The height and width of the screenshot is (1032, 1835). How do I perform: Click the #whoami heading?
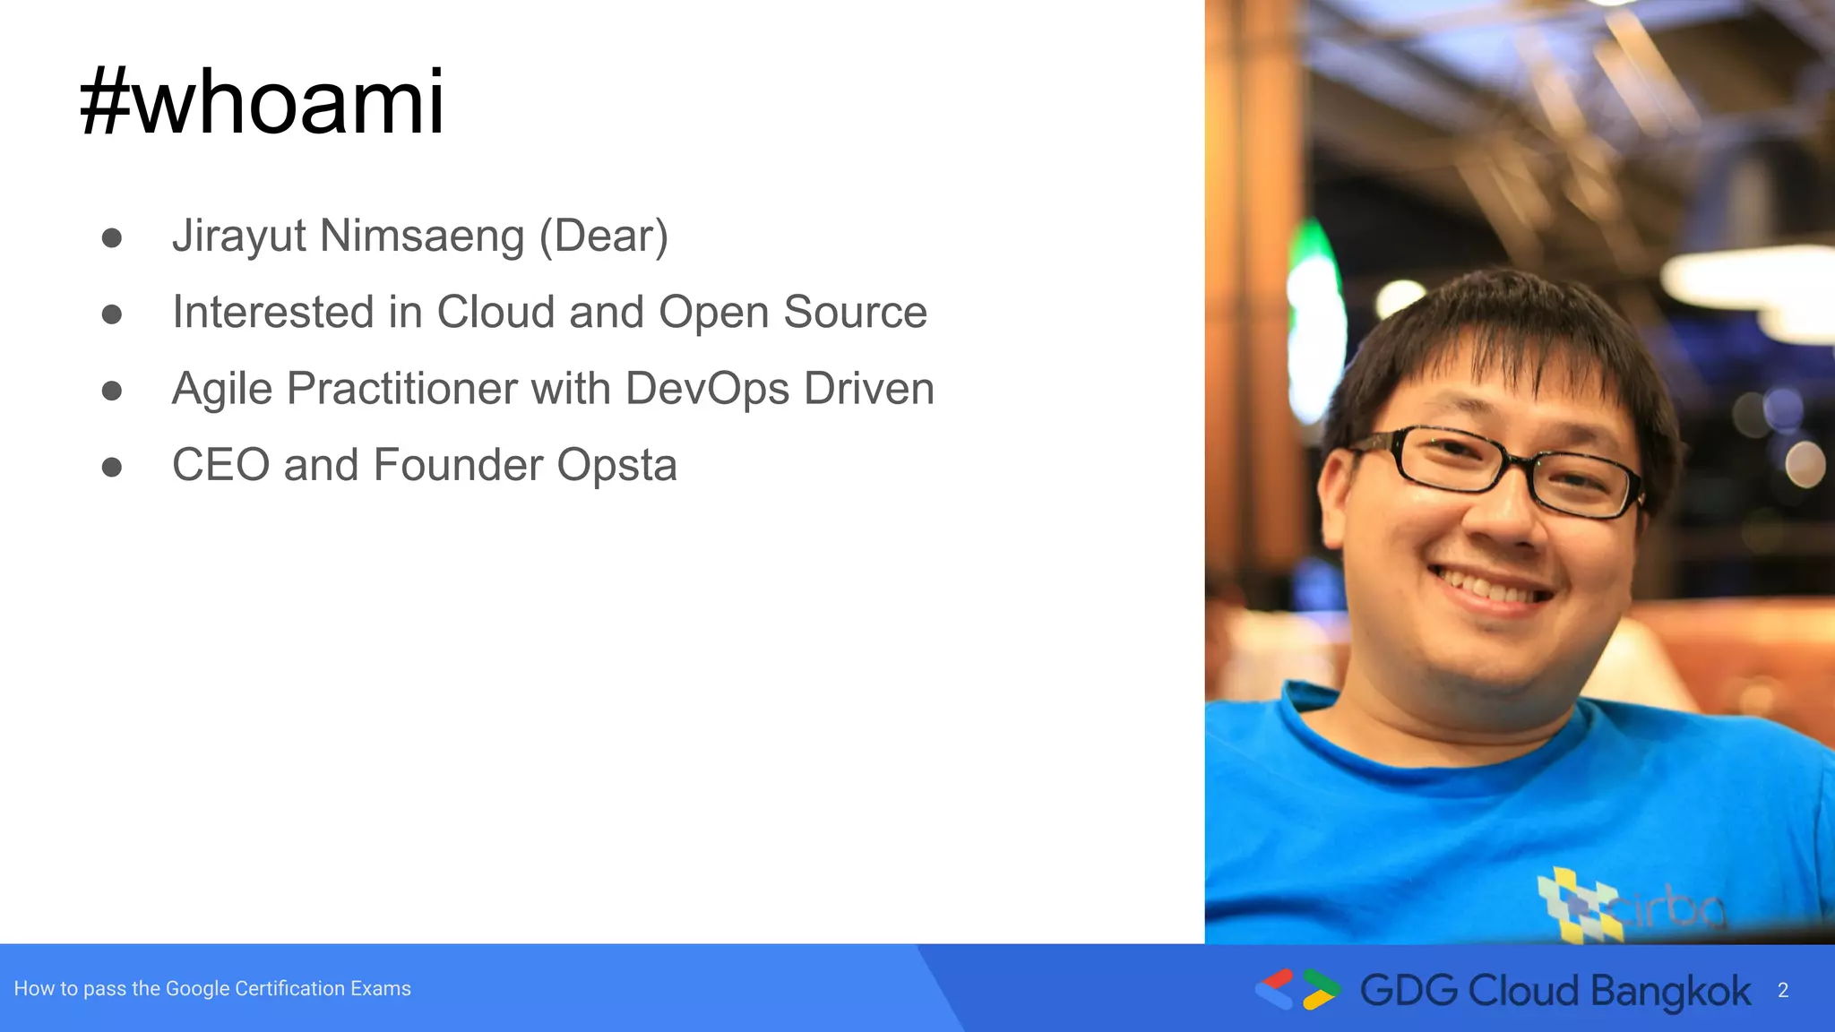click(262, 103)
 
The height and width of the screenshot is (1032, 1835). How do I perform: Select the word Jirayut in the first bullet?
click(239, 236)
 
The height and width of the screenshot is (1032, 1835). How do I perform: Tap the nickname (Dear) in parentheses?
click(603, 236)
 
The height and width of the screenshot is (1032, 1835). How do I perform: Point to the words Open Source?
click(792, 313)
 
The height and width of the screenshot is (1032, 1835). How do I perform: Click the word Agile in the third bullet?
click(221, 390)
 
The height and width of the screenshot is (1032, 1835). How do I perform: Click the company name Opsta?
click(616, 466)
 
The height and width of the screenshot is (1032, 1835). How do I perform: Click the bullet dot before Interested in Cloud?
click(112, 314)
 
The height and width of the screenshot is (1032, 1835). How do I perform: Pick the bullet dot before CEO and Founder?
click(112, 468)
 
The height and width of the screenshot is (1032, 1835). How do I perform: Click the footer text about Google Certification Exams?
click(212, 989)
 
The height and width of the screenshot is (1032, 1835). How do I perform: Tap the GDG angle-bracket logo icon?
click(1297, 989)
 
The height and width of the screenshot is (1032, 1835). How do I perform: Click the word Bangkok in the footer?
click(1670, 991)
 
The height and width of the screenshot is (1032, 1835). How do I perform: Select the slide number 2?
click(1783, 991)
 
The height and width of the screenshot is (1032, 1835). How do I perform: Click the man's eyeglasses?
click(1501, 470)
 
